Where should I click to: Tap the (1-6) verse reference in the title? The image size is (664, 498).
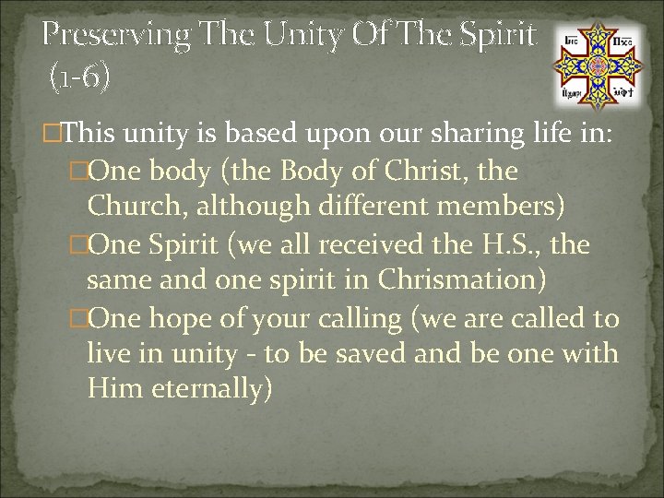point(79,77)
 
